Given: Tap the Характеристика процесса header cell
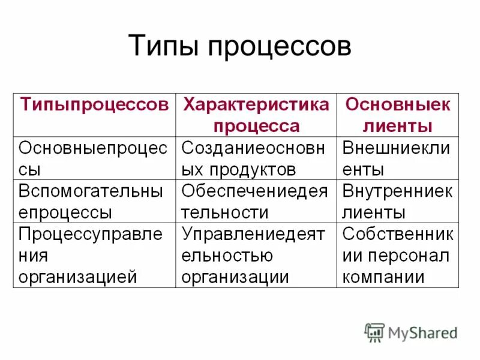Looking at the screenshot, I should point(256,115).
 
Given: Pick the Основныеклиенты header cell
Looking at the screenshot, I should point(397,115).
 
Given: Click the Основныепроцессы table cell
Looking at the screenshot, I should point(94,158).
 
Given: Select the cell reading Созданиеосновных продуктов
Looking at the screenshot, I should point(256,158).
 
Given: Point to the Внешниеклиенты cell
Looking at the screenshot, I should point(397,158).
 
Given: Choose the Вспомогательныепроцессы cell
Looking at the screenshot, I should point(94,202).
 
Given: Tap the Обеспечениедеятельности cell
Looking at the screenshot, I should point(256,202).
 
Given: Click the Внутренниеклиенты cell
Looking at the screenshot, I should point(397,202).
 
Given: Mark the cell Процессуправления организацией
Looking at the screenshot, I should point(94,255).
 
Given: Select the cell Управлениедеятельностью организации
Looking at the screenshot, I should point(256,255).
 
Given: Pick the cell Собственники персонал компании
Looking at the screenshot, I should point(397,255).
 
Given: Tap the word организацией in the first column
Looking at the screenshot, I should point(78,277).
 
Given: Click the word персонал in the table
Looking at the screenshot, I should point(413,256).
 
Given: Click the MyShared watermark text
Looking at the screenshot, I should point(422,332).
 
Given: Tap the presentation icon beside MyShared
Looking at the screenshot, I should point(374,332).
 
